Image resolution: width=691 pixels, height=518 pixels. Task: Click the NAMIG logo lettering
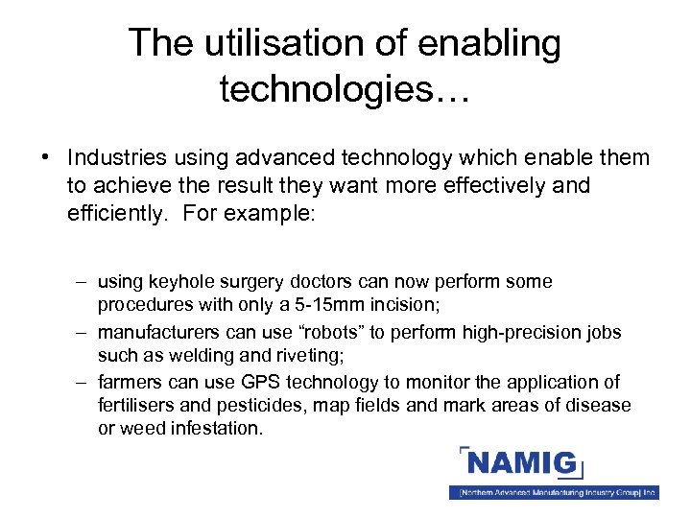pos(522,466)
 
